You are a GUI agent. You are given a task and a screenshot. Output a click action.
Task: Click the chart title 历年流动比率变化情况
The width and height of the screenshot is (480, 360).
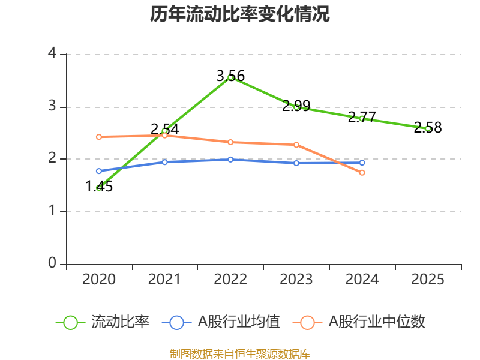(x=240, y=14)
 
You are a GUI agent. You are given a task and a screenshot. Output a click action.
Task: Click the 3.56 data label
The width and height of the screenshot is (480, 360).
(x=231, y=76)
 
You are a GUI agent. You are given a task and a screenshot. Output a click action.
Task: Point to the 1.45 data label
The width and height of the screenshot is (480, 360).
(x=99, y=187)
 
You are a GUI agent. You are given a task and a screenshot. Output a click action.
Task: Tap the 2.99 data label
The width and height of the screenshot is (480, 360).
(x=296, y=106)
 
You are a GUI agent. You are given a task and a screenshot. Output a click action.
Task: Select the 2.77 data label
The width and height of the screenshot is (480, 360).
(x=362, y=118)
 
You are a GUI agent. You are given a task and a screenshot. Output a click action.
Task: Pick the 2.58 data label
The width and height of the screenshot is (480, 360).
(x=428, y=128)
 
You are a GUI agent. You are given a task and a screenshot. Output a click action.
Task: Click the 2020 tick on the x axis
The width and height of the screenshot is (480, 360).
(x=99, y=280)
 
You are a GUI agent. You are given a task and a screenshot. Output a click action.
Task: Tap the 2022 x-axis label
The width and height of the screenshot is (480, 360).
(x=230, y=280)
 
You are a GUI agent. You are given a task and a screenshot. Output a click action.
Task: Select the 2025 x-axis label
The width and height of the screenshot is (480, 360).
(x=428, y=280)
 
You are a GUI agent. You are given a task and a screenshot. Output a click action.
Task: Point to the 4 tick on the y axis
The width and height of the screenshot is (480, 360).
(x=52, y=54)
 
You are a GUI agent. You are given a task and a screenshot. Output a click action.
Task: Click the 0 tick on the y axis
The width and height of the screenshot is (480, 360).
(x=52, y=264)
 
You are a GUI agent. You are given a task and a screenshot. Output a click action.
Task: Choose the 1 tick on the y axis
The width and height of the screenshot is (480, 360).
(x=52, y=212)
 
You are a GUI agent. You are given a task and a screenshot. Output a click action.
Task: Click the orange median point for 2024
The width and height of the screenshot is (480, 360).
(x=362, y=173)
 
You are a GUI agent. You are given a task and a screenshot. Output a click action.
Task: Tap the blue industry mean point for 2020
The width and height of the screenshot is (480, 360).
(x=99, y=171)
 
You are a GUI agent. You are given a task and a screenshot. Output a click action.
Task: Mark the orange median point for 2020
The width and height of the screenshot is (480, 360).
(x=99, y=137)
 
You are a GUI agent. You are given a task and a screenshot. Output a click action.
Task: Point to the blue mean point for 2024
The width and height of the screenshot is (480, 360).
(x=362, y=163)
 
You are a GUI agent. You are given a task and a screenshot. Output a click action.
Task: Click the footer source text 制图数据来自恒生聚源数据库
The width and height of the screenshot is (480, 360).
(x=240, y=354)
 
